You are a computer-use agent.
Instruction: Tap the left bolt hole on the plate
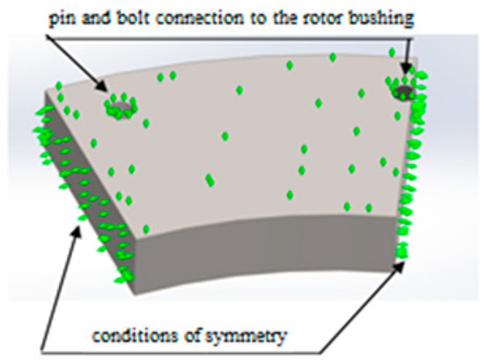click(x=117, y=107)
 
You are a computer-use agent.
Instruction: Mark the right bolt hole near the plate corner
click(x=406, y=91)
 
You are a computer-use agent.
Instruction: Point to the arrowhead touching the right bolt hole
click(x=404, y=72)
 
